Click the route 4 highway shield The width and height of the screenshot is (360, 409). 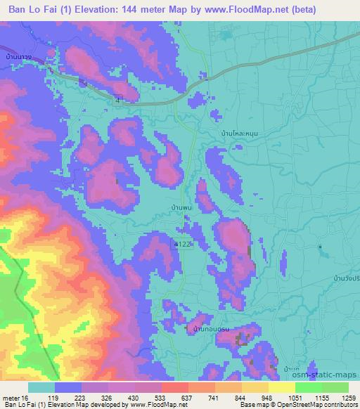click(118, 100)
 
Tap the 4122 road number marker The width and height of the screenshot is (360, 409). click(182, 242)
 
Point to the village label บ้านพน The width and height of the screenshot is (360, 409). click(181, 209)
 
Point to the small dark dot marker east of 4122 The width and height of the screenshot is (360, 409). click(320, 247)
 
